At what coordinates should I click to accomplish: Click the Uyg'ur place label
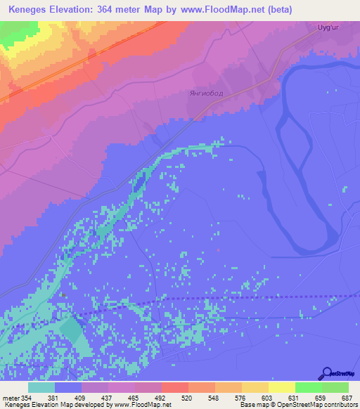tap(329, 29)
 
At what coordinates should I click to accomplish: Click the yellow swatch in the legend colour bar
tap(281, 387)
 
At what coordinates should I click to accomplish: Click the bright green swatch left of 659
tap(308, 387)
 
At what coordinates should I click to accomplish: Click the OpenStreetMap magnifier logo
tap(326, 375)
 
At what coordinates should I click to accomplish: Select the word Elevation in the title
tap(72, 9)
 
